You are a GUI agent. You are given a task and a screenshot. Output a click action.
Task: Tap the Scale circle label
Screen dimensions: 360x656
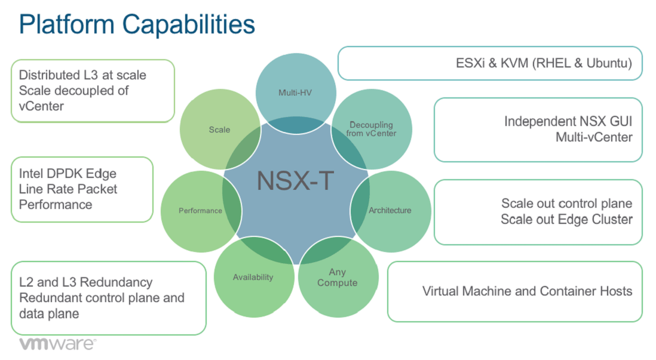pyautogui.click(x=219, y=130)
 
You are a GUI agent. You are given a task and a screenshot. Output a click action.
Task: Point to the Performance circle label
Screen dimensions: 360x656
pyautogui.click(x=200, y=211)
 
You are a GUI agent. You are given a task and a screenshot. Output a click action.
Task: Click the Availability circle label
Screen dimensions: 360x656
pyautogui.click(x=253, y=277)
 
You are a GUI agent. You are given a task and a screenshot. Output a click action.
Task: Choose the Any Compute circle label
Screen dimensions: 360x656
pyautogui.click(x=337, y=278)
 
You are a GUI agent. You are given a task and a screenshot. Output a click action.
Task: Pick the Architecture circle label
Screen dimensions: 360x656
pyautogui.click(x=390, y=210)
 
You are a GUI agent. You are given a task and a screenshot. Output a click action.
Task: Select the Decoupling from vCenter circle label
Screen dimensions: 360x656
pyautogui.click(x=371, y=129)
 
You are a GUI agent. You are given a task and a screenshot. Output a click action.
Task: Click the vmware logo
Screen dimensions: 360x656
pyautogui.click(x=57, y=344)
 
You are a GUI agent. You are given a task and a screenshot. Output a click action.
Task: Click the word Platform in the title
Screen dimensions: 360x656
pyautogui.click(x=67, y=24)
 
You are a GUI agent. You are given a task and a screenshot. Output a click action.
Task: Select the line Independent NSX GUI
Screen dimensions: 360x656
pyautogui.click(x=568, y=121)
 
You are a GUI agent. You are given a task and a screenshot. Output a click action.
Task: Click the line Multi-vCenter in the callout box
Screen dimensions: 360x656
pyautogui.click(x=594, y=137)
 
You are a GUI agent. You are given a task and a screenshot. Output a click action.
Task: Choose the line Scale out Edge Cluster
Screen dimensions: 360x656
pyautogui.click(x=566, y=219)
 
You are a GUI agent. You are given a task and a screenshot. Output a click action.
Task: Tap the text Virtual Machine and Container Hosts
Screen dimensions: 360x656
pyautogui.click(x=527, y=291)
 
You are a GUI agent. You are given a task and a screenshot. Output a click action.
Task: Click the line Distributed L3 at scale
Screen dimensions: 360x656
pyautogui.click(x=82, y=75)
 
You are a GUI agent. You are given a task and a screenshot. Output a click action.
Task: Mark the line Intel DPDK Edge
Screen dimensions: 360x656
pyautogui.click(x=68, y=174)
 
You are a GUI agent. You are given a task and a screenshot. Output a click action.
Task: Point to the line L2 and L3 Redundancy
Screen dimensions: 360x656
pyautogui.click(x=85, y=282)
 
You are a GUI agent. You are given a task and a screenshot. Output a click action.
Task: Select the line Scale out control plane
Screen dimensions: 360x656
pyautogui.click(x=566, y=204)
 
